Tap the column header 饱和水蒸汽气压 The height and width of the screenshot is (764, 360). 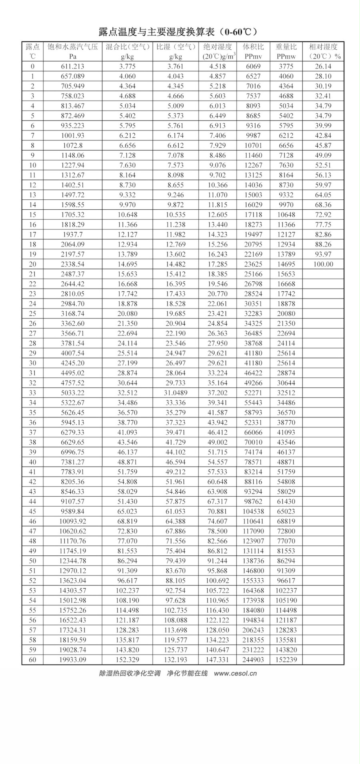pos(72,47)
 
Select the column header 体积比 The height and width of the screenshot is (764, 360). pos(253,47)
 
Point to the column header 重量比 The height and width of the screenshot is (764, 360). pos(286,47)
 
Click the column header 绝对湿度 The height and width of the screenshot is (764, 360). pos(217,47)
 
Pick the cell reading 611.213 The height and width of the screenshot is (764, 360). pos(72,66)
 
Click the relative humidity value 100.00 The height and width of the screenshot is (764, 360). pos(323,264)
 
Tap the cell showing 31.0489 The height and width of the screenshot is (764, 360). pos(176,393)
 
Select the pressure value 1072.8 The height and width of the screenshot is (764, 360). pos(72,146)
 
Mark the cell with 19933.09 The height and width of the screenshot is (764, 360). pos(72,660)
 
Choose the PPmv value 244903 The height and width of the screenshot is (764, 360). pos(253,660)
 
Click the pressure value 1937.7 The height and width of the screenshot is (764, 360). pos(72,235)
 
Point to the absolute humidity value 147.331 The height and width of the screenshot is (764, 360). pos(218,660)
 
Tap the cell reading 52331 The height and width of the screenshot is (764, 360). pos(253,422)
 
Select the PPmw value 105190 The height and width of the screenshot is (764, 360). pos(286,600)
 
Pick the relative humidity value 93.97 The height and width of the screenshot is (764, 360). pos(323,254)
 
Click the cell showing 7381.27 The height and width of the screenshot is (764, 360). pos(72,462)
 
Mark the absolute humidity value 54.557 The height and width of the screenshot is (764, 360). pos(218,462)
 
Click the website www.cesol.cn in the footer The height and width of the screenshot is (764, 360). pos(235,673)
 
